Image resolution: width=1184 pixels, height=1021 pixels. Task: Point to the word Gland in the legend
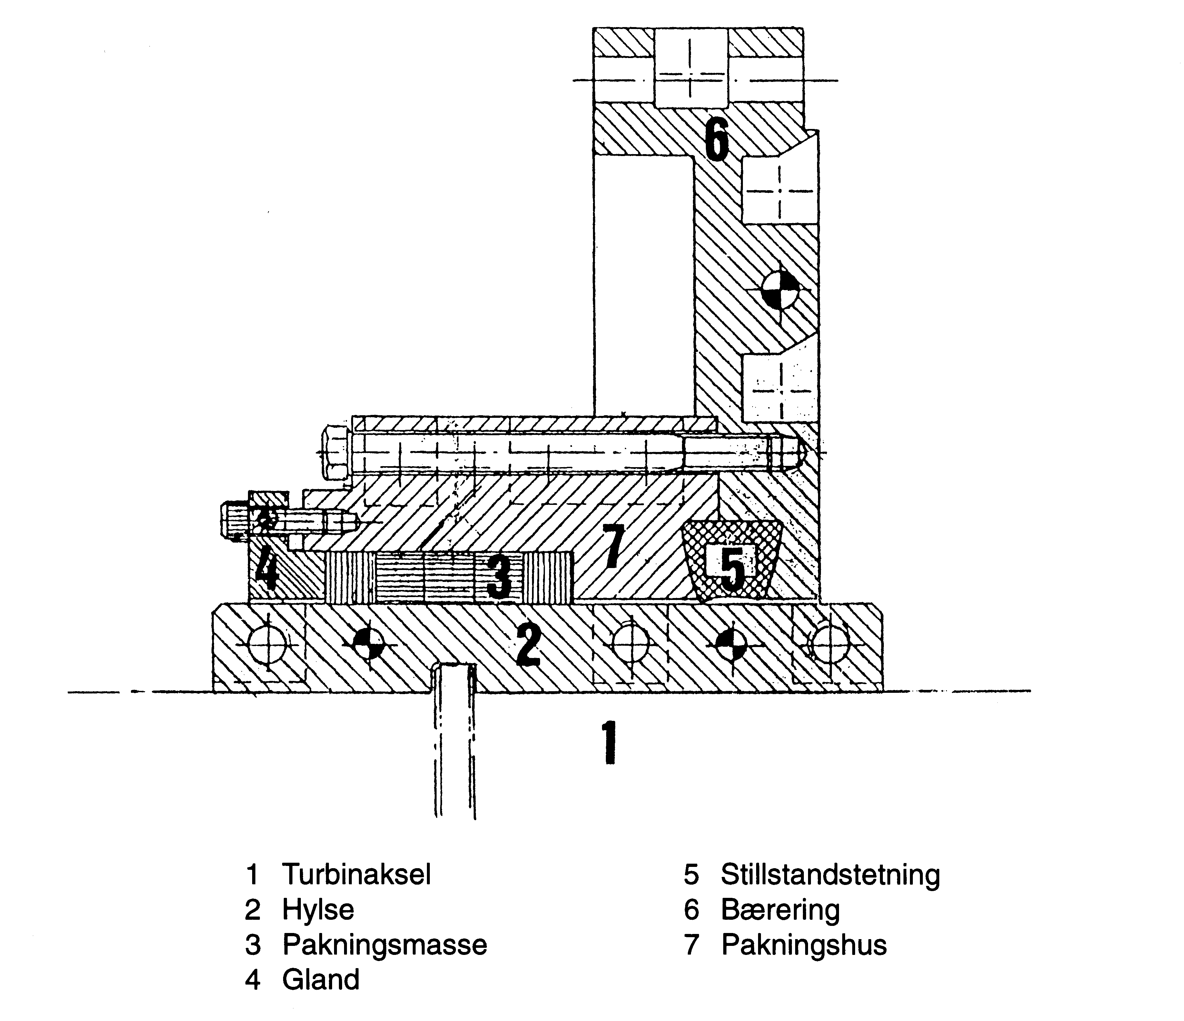(321, 979)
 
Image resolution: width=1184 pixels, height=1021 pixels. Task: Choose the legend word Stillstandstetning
(830, 875)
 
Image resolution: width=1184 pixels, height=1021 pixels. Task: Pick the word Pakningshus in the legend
(804, 945)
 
